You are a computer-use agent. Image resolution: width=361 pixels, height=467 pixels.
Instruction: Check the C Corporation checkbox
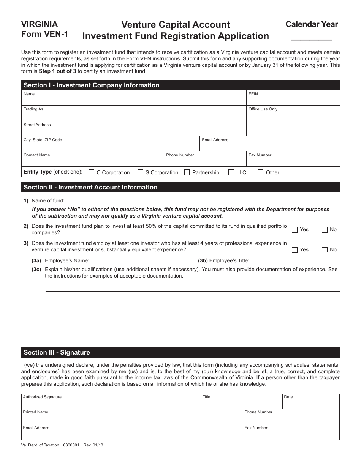[x=91, y=172]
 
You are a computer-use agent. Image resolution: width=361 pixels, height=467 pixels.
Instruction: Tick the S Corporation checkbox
[x=140, y=172]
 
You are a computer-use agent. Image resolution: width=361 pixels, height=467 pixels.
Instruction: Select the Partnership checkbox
[x=187, y=172]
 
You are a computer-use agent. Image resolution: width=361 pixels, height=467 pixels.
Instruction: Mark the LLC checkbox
[x=231, y=172]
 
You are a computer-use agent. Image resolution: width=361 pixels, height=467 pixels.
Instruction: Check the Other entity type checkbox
[x=261, y=172]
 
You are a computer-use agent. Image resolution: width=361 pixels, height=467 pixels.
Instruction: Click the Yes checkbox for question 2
[x=294, y=230]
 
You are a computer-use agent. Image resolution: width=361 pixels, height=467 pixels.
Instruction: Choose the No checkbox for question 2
[x=325, y=230]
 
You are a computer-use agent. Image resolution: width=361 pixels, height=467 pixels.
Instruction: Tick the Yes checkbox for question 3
[x=294, y=250]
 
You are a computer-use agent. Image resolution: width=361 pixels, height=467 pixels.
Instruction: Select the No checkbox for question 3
[x=325, y=250]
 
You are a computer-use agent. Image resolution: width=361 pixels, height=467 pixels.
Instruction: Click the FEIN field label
[x=253, y=94]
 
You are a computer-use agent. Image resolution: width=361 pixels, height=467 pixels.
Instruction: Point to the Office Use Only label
[x=263, y=109]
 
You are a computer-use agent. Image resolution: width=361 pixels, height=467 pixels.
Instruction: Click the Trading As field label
[x=33, y=109]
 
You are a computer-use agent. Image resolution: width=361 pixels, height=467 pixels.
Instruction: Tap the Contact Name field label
[x=36, y=155]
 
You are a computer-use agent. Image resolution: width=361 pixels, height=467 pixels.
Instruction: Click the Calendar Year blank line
[x=312, y=37]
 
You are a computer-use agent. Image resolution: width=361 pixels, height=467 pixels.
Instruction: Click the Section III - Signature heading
[x=57, y=353]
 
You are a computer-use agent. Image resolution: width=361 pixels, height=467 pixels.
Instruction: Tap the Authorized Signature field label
[x=42, y=397]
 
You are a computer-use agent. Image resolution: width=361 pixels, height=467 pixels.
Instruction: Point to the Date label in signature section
[x=288, y=397]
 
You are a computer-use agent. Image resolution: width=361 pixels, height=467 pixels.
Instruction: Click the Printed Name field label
[x=36, y=412]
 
